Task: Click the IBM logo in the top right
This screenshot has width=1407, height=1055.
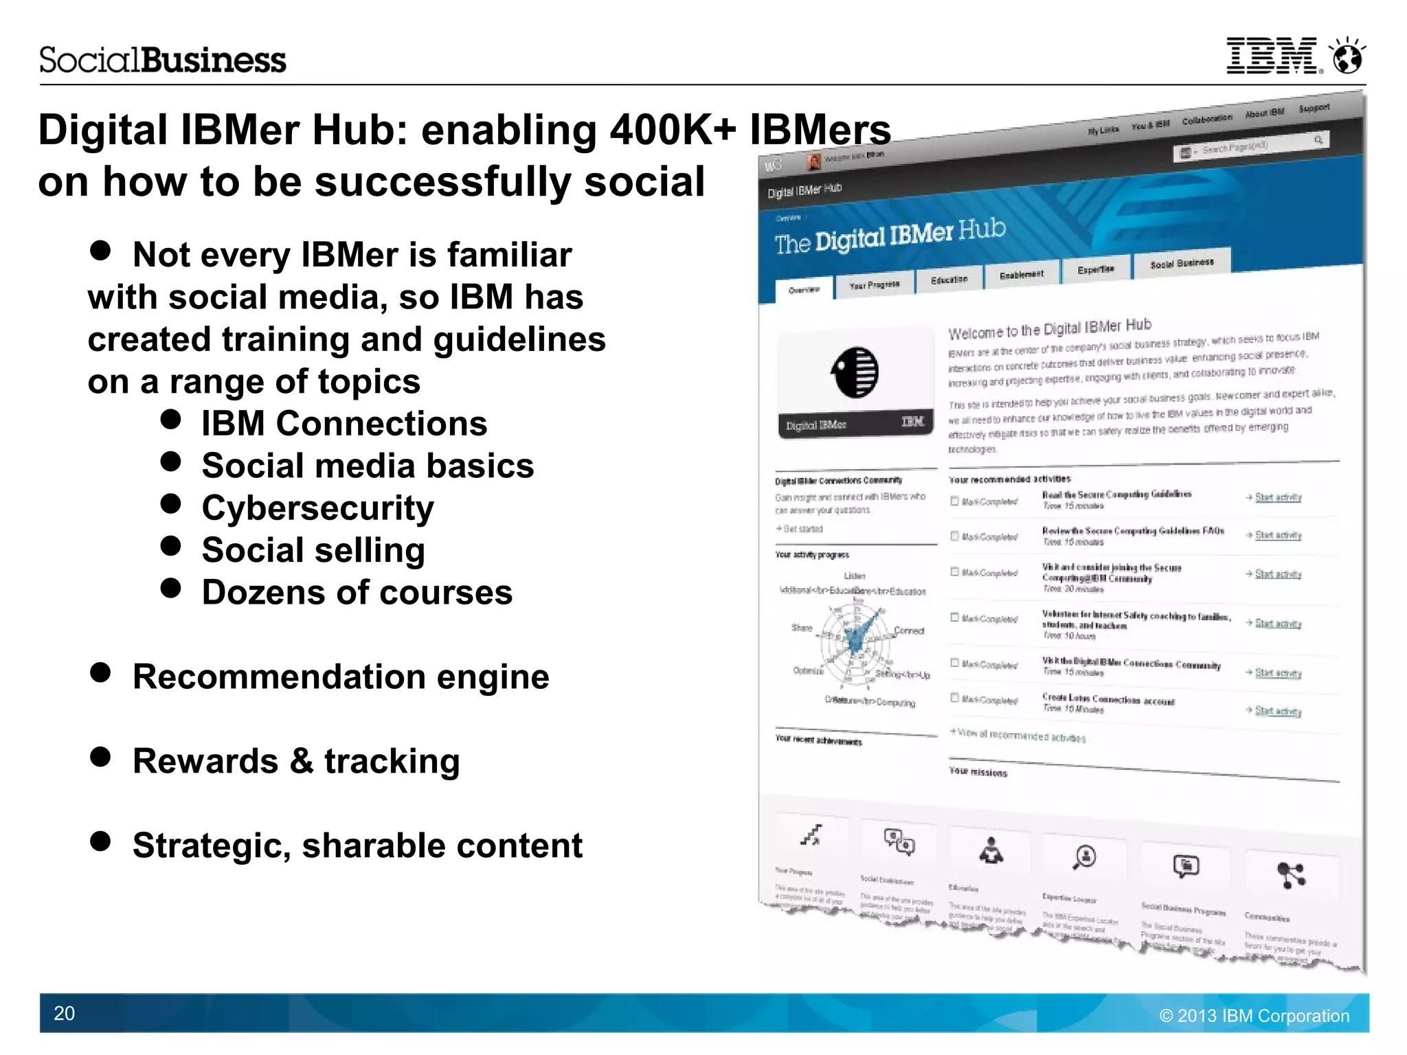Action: point(1273,56)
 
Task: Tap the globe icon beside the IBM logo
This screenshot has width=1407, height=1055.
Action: point(1347,56)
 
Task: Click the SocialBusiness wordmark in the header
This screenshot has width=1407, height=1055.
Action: point(162,60)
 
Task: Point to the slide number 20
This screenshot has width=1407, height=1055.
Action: point(64,1013)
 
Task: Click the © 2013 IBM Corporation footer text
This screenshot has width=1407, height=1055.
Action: point(1254,1015)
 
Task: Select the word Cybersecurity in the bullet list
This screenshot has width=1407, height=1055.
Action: point(317,508)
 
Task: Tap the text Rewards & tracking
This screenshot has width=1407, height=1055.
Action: point(296,761)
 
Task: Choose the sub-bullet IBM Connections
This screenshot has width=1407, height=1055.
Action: point(344,423)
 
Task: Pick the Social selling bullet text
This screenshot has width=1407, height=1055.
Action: point(313,550)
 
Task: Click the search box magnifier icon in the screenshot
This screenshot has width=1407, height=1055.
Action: point(1318,140)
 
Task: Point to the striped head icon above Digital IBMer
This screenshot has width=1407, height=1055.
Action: point(855,373)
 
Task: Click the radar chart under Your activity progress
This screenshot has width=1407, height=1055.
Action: point(856,639)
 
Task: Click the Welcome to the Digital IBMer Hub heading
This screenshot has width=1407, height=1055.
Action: point(1049,329)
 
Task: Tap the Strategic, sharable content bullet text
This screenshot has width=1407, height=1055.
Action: point(357,846)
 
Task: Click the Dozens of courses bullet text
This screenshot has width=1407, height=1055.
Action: point(357,593)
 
